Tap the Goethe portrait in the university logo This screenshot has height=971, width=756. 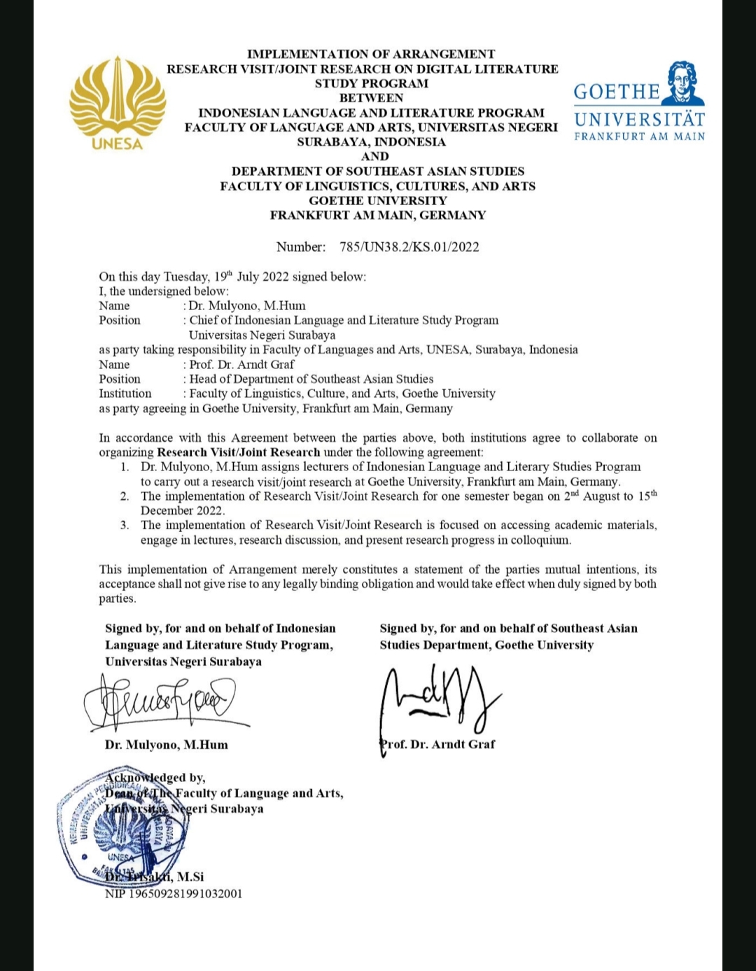coord(684,83)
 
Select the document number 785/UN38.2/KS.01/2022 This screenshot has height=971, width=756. coord(409,246)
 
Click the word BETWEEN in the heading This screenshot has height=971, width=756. coord(371,98)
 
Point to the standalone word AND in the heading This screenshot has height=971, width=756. coord(374,156)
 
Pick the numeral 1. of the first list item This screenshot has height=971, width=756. coord(125,467)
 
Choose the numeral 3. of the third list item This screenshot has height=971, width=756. coord(125,525)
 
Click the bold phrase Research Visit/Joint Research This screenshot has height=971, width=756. coord(238,452)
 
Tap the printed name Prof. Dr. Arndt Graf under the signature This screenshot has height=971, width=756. coord(438,744)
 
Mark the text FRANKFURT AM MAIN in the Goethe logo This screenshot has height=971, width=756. coord(639,137)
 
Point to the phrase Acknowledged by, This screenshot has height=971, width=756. coord(155,777)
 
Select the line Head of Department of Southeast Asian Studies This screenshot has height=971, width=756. coord(311,379)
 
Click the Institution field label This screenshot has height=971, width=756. coord(125,393)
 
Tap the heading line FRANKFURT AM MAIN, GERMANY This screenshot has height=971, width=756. coord(378,215)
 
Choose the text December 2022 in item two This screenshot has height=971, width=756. coord(182,511)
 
